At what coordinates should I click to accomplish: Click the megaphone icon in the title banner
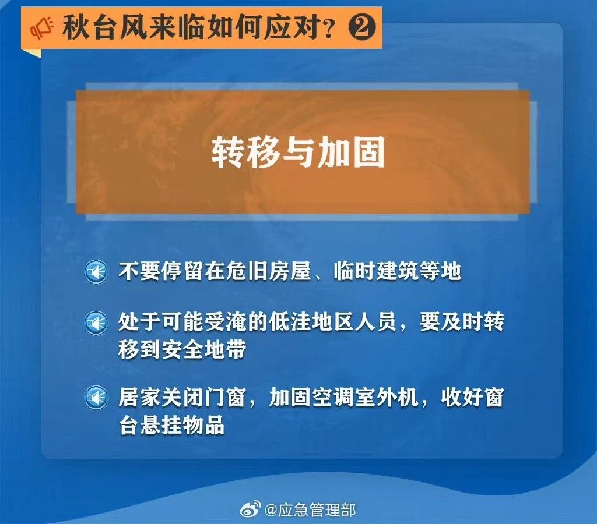(x=42, y=27)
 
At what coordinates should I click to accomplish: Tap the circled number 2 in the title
(x=362, y=27)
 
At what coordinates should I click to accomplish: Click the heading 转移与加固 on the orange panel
(x=298, y=153)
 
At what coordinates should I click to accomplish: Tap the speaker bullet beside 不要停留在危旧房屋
(x=96, y=272)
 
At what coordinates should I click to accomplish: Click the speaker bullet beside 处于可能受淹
(x=96, y=323)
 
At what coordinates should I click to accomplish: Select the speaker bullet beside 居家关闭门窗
(x=96, y=398)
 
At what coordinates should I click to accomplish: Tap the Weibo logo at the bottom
(x=250, y=509)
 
